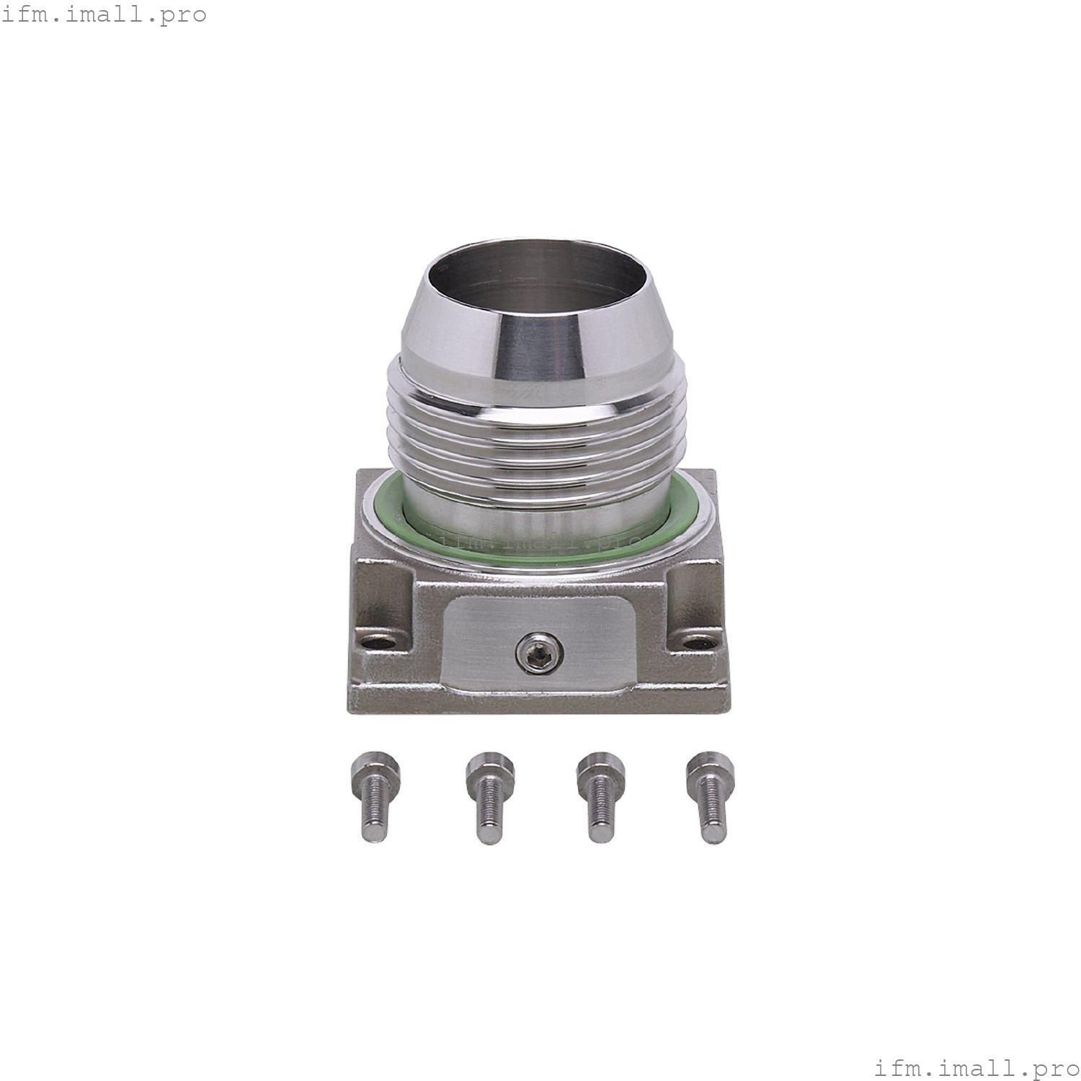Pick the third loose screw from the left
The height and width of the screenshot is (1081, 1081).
point(600,796)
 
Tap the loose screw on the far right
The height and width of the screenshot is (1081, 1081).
point(709,796)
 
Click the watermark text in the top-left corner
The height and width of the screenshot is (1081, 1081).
point(104,14)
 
